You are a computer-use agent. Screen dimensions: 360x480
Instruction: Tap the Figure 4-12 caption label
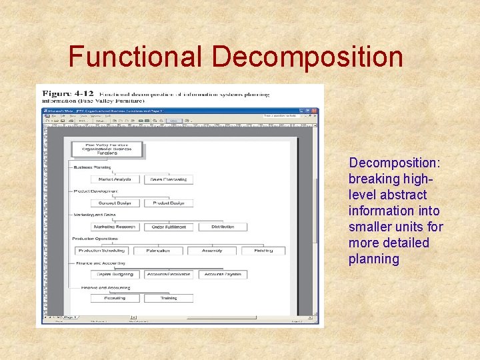point(68,94)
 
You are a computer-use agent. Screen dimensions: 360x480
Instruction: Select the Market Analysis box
point(115,179)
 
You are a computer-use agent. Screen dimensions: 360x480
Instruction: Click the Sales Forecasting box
point(168,179)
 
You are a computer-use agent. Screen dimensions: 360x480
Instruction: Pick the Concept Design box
point(115,203)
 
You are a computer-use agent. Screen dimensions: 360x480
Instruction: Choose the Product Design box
point(168,203)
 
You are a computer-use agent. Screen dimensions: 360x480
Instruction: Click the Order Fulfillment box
point(168,227)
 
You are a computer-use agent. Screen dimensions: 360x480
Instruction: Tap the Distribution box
point(223,227)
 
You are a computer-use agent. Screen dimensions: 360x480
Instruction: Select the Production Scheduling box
point(98,251)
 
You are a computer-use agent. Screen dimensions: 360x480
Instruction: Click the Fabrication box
point(157,251)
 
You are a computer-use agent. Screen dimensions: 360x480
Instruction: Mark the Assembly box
point(211,251)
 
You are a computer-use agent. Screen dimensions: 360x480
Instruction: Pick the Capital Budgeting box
point(115,274)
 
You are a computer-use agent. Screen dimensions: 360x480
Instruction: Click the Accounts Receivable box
point(168,274)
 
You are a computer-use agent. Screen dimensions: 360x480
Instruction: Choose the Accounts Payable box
point(223,274)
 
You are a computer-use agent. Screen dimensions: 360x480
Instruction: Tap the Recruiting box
point(115,298)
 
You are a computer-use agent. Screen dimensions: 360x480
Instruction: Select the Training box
point(168,298)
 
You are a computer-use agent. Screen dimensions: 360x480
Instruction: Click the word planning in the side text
point(373,259)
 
